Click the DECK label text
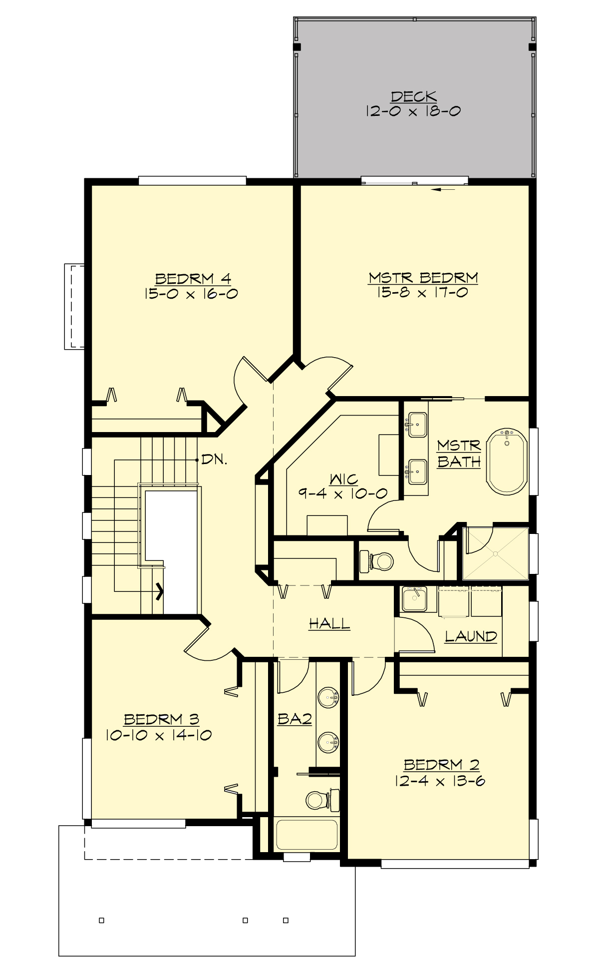413,96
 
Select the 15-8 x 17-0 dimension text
422,292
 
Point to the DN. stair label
214,460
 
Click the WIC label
343,480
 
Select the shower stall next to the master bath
495,553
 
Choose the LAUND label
471,636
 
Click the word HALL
329,623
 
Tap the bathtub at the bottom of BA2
306,835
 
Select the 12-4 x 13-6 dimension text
440,781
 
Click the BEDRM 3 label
161,719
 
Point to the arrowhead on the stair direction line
160,591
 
